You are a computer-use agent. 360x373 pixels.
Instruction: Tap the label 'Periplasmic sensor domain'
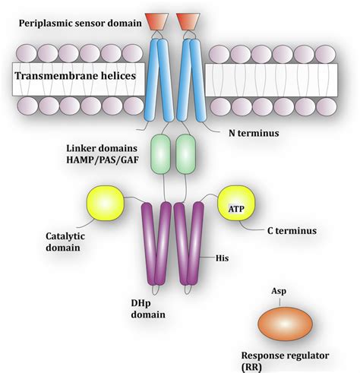(x=80, y=22)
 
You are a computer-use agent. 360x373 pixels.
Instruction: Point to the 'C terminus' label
(x=288, y=229)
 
